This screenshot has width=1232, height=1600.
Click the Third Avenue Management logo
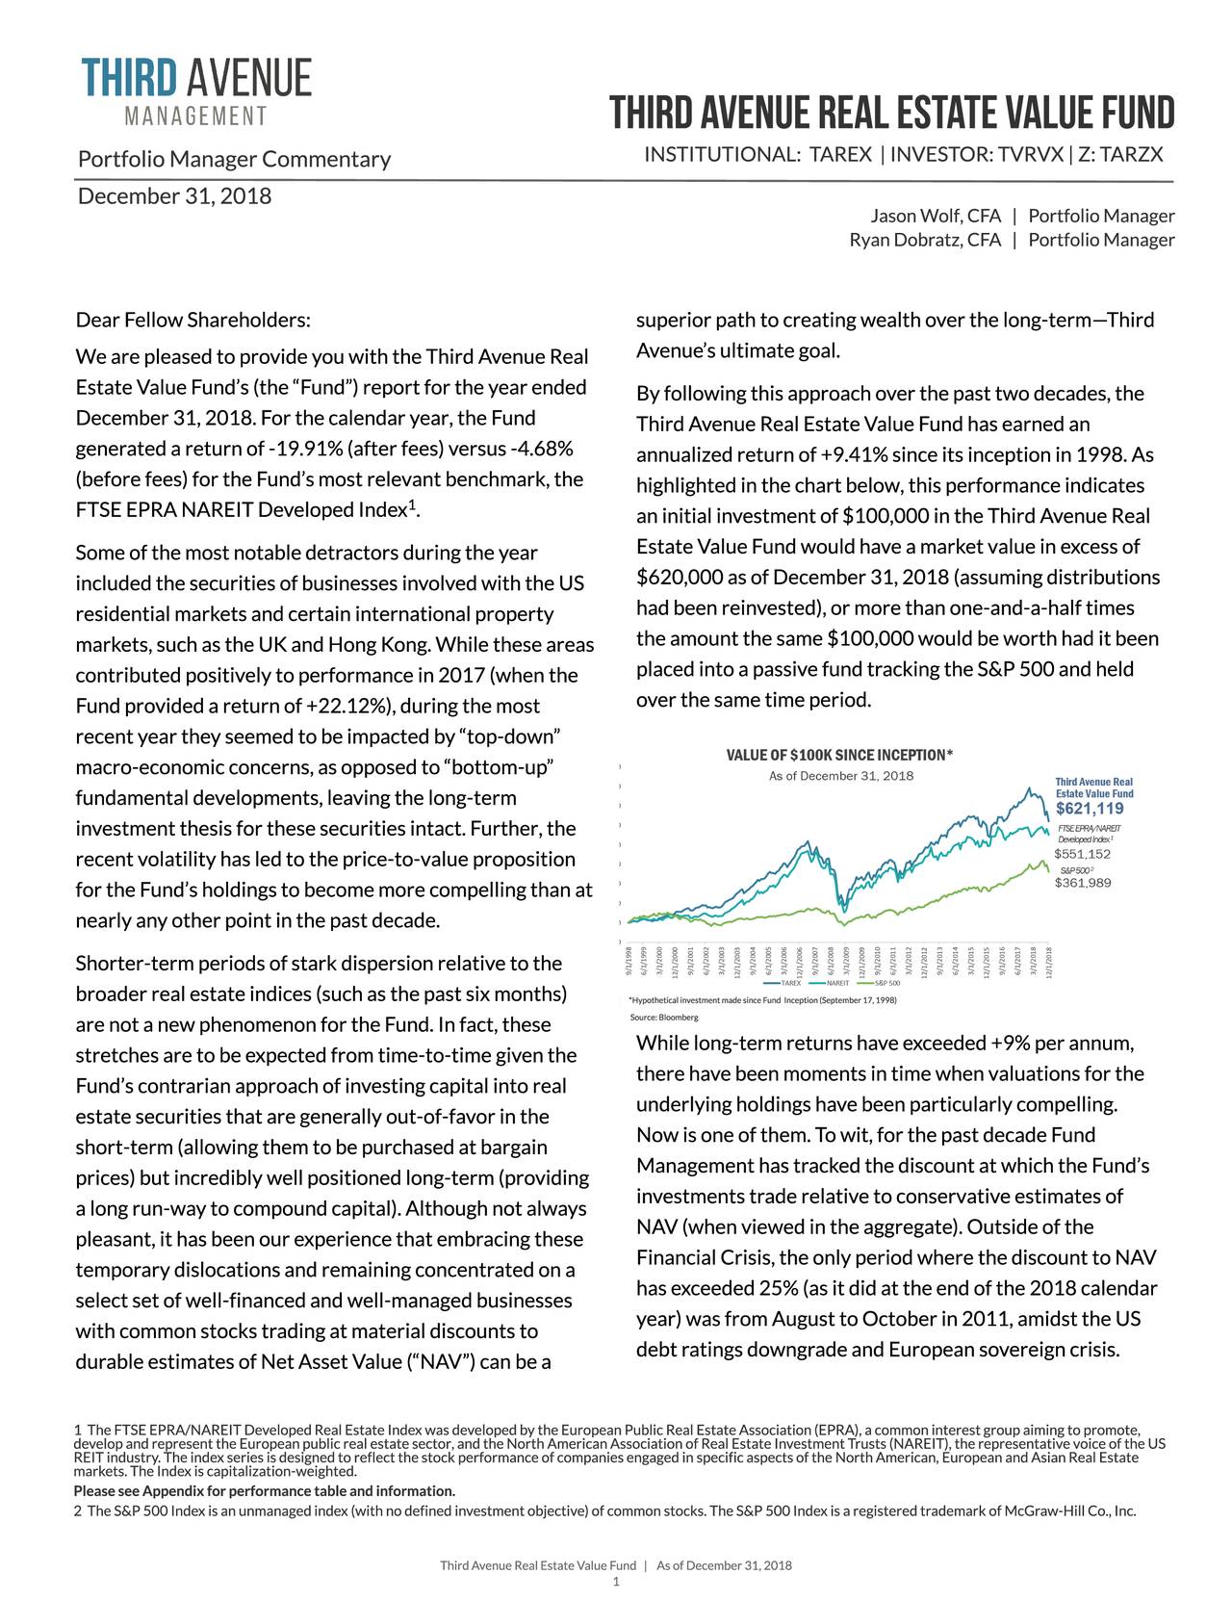196,91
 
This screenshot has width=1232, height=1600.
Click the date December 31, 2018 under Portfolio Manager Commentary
174,196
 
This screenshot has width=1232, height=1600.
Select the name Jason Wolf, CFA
936,216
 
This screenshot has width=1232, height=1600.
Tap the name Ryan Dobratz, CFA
925,240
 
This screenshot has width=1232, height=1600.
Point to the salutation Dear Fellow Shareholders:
193,320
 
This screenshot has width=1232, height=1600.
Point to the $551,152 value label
1083,854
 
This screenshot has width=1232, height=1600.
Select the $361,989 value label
1083,884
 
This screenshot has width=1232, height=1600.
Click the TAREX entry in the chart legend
790,984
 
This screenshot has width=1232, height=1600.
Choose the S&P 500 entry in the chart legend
886,984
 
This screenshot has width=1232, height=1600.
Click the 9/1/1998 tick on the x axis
629,961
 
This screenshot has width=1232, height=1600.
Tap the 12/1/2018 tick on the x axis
1049,961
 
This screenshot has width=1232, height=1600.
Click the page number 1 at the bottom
616,1581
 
